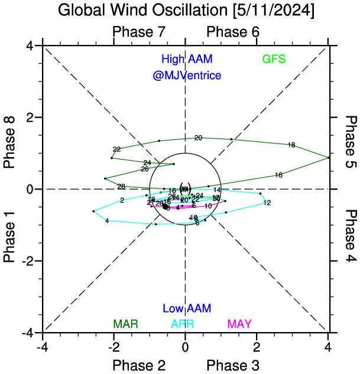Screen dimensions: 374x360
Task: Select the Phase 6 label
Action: coord(233,32)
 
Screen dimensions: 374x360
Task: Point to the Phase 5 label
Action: coord(351,142)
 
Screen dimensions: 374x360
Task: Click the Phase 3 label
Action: coord(233,365)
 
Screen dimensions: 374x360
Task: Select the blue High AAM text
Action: coord(187,60)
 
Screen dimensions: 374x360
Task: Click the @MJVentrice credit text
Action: coord(187,76)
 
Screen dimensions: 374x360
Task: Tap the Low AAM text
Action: coord(187,308)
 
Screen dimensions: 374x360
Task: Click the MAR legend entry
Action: coord(125,324)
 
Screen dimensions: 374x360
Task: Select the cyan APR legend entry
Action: coord(183,324)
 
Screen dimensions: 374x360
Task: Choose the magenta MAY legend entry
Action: coord(239,324)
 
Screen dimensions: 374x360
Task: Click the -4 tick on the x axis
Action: coord(42,344)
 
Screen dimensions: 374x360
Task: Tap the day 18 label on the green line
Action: coord(291,145)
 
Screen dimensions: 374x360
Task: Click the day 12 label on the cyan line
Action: coord(267,203)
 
